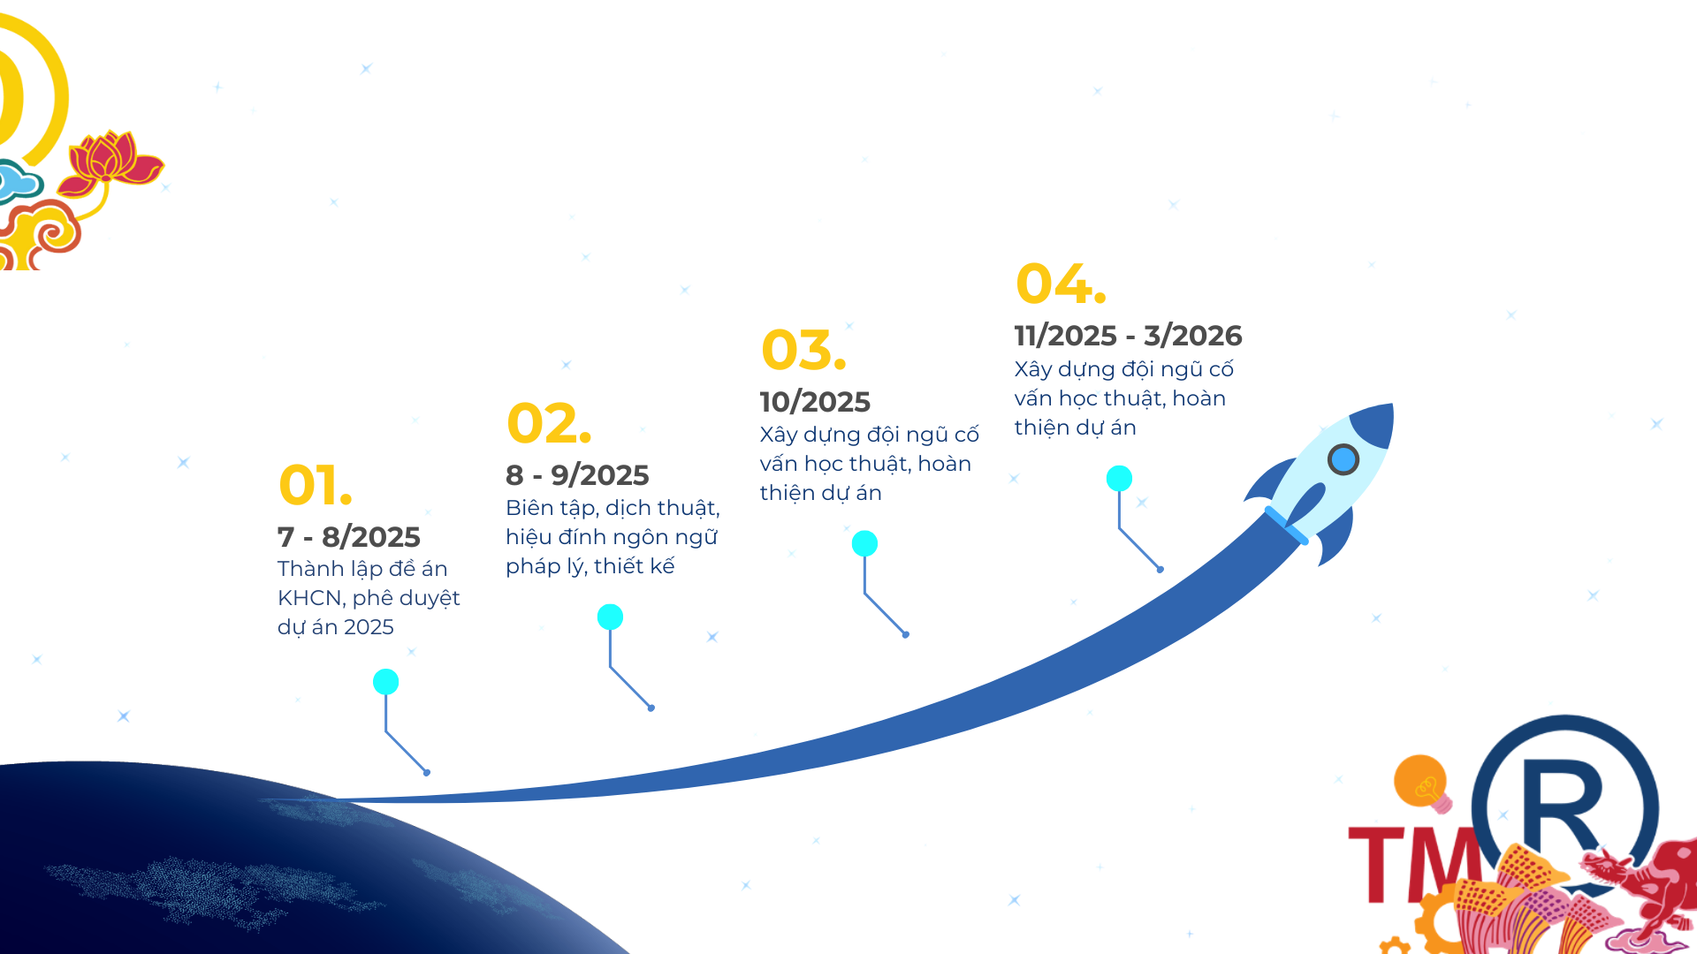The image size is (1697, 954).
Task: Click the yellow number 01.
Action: click(x=316, y=485)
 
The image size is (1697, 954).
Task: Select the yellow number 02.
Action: click(x=549, y=423)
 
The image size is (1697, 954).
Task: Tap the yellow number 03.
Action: click(x=803, y=350)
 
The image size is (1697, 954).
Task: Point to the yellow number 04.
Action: click(x=1061, y=284)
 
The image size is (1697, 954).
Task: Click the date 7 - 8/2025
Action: click(x=348, y=536)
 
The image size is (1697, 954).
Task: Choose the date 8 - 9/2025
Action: click(x=577, y=475)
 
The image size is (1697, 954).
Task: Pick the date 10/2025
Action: click(x=815, y=402)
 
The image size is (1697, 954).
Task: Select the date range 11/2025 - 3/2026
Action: click(x=1128, y=336)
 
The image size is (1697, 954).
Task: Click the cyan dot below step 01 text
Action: click(x=386, y=682)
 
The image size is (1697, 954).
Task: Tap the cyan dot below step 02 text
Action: click(x=610, y=617)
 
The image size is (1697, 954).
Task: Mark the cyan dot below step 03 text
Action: click(x=864, y=543)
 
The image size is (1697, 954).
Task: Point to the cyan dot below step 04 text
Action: click(x=1119, y=478)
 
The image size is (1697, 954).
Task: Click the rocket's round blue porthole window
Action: click(x=1343, y=459)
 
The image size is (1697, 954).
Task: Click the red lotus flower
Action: click(x=110, y=164)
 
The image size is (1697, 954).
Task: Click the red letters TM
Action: click(x=1415, y=865)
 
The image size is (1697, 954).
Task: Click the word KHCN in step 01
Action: click(x=309, y=598)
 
